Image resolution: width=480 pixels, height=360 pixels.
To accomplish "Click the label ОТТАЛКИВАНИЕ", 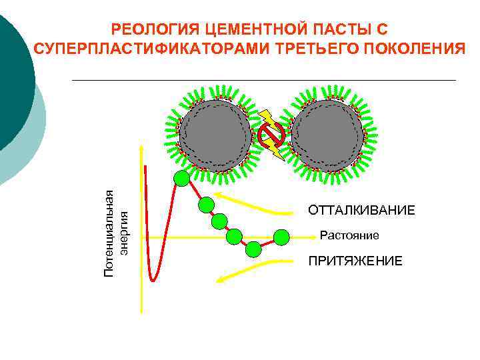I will [x=361, y=211].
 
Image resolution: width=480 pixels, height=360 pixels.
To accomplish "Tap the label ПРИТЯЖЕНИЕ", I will [x=355, y=261].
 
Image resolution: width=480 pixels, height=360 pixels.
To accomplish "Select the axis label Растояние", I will [x=349, y=235].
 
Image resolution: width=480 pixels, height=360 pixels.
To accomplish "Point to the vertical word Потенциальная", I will [x=110, y=232].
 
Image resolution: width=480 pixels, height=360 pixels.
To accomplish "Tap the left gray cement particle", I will [x=215, y=135].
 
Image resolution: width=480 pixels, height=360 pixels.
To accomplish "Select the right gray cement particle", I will [x=328, y=135].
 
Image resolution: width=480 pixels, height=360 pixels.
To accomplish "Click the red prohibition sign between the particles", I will [x=272, y=135].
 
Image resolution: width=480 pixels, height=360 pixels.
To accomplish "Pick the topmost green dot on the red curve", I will [x=181, y=177].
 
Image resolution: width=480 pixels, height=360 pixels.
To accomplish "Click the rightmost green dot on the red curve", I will [x=282, y=236].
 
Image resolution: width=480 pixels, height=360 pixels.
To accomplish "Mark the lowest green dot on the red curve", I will [x=253, y=249].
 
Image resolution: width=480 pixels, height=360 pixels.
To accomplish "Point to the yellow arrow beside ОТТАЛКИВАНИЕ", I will [x=257, y=203].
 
